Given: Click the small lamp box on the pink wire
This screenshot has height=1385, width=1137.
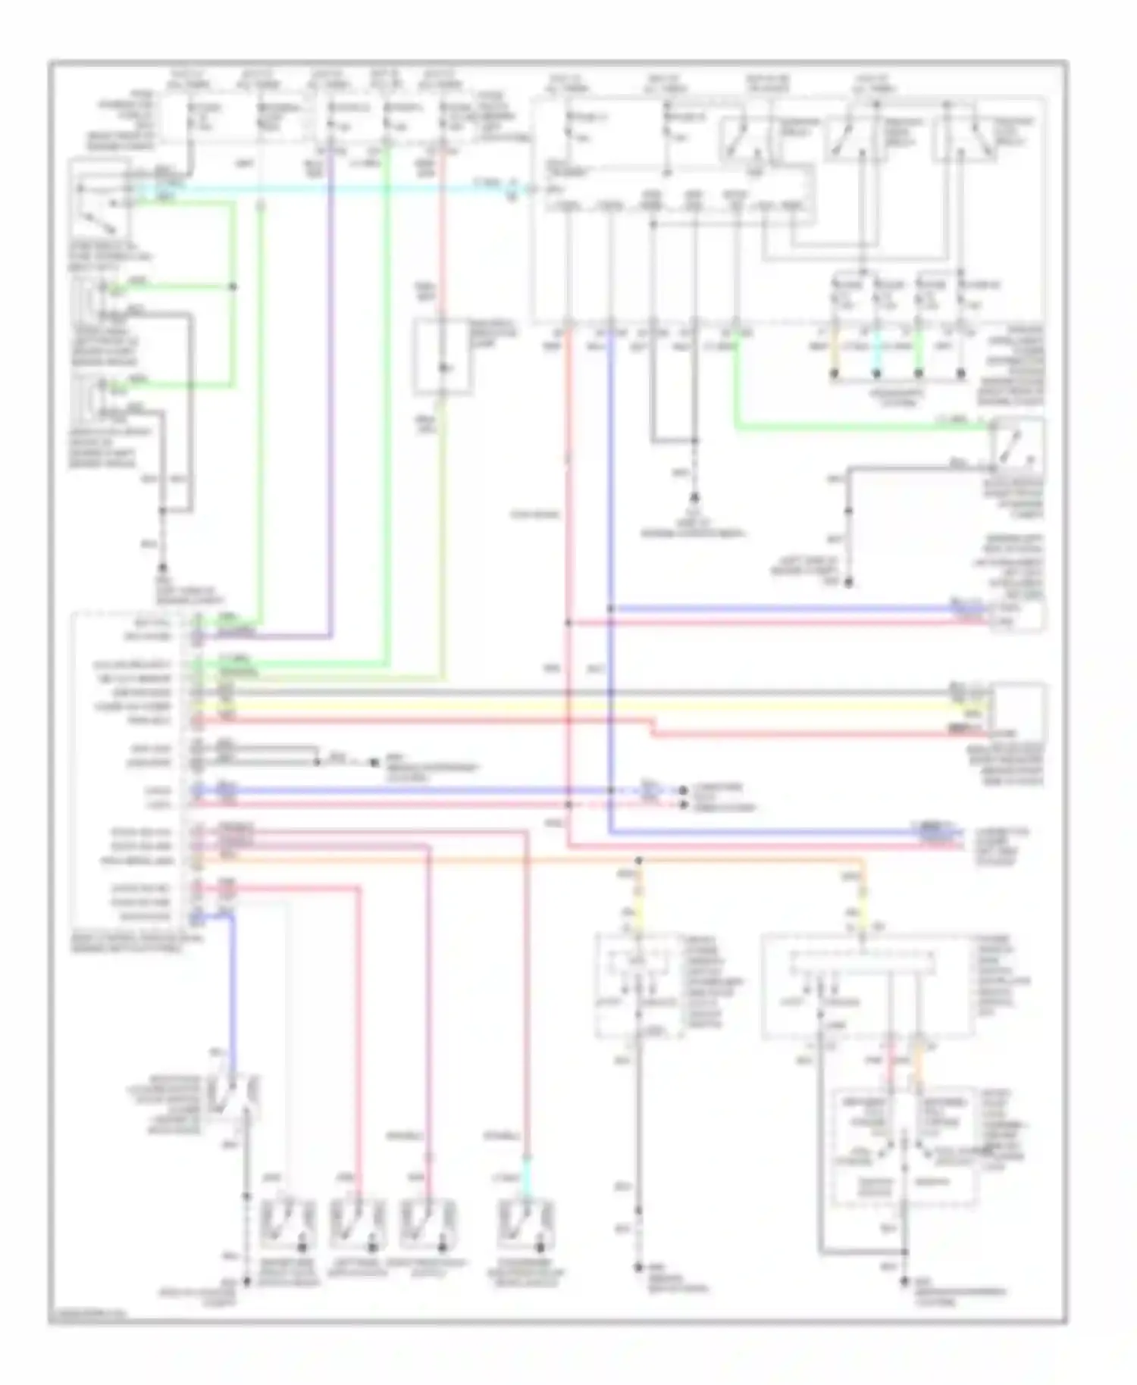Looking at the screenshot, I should coord(442,358).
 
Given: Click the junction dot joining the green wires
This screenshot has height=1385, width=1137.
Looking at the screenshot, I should coord(233,287).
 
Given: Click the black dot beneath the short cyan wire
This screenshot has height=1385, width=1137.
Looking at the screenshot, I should coord(876,374).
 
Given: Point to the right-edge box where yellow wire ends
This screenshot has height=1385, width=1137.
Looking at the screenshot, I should coord(1018,708).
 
